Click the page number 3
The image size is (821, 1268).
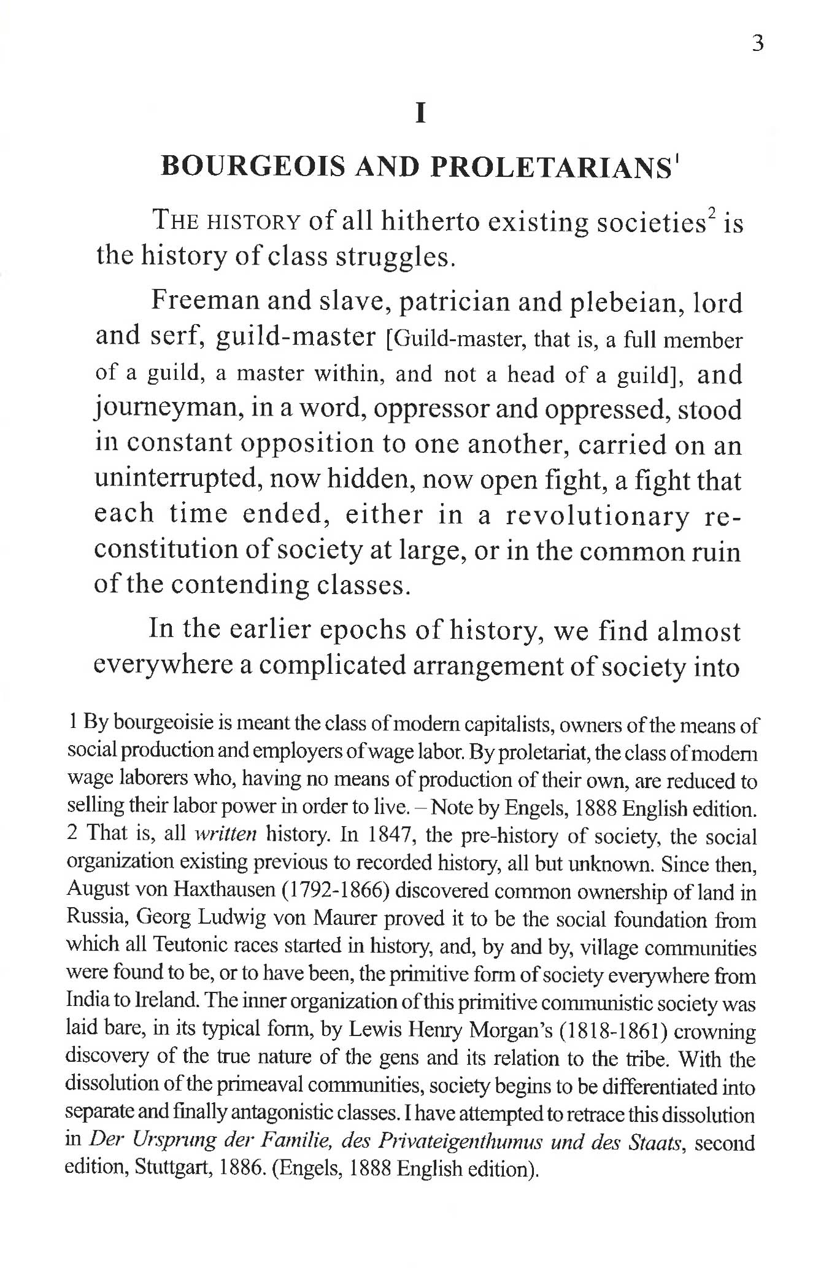coord(758,44)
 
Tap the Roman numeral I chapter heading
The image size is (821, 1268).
coord(420,114)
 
